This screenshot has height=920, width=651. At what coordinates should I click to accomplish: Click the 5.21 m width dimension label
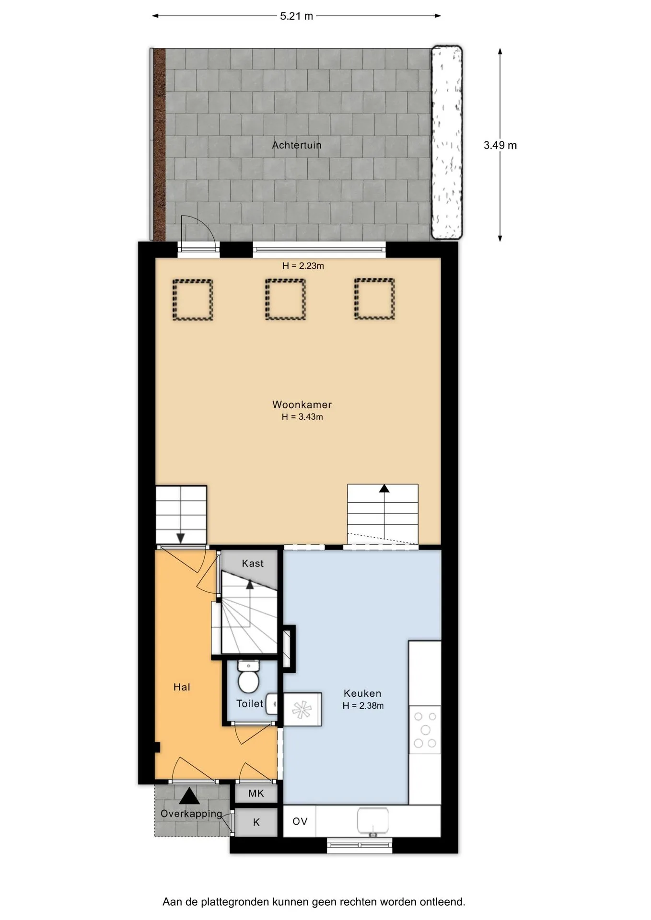[296, 16]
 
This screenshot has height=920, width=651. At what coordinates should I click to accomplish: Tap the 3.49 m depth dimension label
[500, 145]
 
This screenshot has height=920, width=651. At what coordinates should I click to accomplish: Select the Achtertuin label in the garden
[297, 145]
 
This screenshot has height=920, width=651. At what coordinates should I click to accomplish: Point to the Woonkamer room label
[302, 404]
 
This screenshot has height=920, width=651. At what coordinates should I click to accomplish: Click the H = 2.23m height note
[303, 266]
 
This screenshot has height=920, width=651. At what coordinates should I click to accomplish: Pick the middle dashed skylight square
[285, 299]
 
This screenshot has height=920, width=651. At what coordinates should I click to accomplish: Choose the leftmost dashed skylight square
[192, 299]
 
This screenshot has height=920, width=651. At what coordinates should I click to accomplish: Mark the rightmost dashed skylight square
[374, 299]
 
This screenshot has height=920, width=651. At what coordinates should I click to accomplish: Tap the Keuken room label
[362, 693]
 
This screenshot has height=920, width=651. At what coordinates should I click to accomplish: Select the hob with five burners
[425, 730]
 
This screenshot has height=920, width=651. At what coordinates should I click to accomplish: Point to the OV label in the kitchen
[300, 821]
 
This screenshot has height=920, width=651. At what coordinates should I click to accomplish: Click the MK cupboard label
[256, 793]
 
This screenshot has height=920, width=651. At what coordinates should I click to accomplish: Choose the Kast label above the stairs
[253, 563]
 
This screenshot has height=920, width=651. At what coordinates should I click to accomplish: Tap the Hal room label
[182, 687]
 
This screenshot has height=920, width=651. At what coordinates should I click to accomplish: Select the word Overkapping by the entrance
[191, 814]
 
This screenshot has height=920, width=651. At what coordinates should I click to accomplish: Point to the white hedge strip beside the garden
[447, 142]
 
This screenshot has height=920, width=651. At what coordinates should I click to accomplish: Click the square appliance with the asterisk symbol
[302, 709]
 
